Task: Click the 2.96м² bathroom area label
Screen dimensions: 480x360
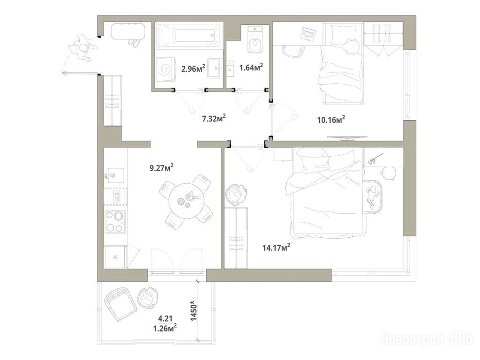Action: pos(193,68)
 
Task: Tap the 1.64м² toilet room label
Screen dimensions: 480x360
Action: pos(251,67)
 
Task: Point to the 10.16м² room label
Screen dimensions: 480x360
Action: pos(331,119)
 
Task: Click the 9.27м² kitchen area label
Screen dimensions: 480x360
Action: pos(162,168)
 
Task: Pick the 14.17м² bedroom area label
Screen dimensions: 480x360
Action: pos(277,247)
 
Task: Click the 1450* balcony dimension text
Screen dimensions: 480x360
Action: pos(194,311)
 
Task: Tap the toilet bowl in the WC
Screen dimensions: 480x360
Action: pos(255,40)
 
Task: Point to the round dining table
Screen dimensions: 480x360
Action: pos(187,201)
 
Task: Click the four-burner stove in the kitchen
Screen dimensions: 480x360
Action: pos(115,222)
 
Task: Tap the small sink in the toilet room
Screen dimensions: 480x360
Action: pos(230,68)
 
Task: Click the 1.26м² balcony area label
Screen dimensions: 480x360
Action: pos(165,329)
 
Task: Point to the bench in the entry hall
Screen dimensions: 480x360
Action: pos(128,31)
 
